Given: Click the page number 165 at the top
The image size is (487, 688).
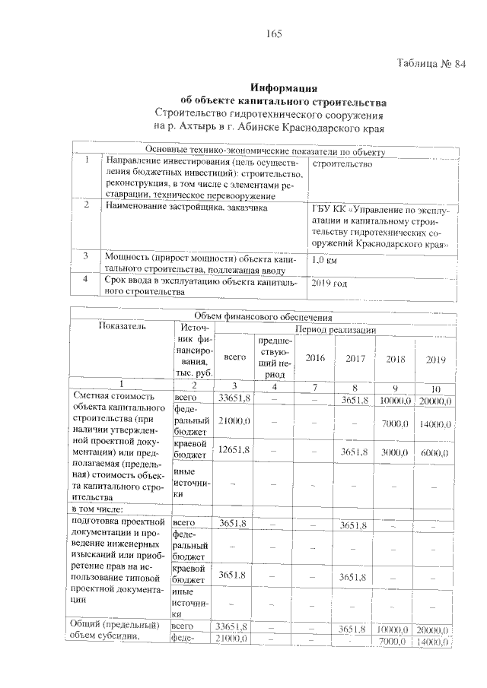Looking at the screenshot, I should coord(274,34).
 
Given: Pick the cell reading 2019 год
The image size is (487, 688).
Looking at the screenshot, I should coord(330,284).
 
